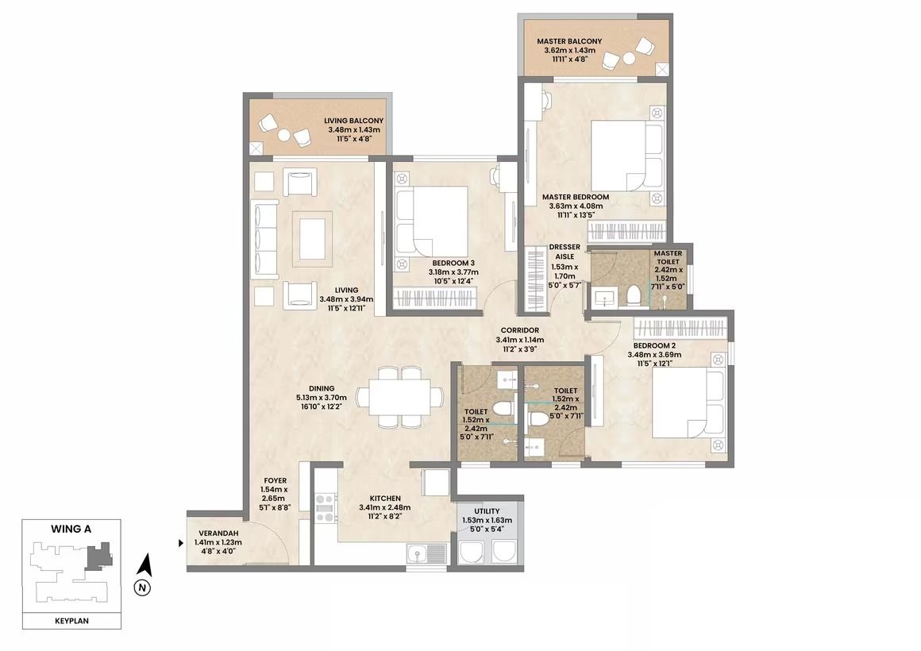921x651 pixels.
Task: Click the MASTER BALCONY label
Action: point(569,42)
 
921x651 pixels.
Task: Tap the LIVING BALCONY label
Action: point(353,121)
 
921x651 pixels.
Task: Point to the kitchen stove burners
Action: point(325,508)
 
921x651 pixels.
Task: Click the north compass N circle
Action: point(141,587)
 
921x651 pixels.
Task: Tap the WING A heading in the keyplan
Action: point(71,529)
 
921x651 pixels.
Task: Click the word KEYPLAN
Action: point(71,621)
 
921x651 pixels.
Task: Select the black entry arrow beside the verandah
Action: point(182,544)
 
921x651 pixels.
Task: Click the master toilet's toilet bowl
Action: point(634,295)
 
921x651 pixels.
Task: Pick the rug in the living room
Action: point(313,238)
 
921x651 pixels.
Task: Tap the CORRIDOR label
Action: point(520,331)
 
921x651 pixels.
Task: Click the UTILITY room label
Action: point(487,511)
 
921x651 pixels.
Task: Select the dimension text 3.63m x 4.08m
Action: point(576,206)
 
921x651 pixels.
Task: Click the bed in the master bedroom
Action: point(627,156)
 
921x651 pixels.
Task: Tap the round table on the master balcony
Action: point(629,59)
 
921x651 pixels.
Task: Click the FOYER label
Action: point(275,480)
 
